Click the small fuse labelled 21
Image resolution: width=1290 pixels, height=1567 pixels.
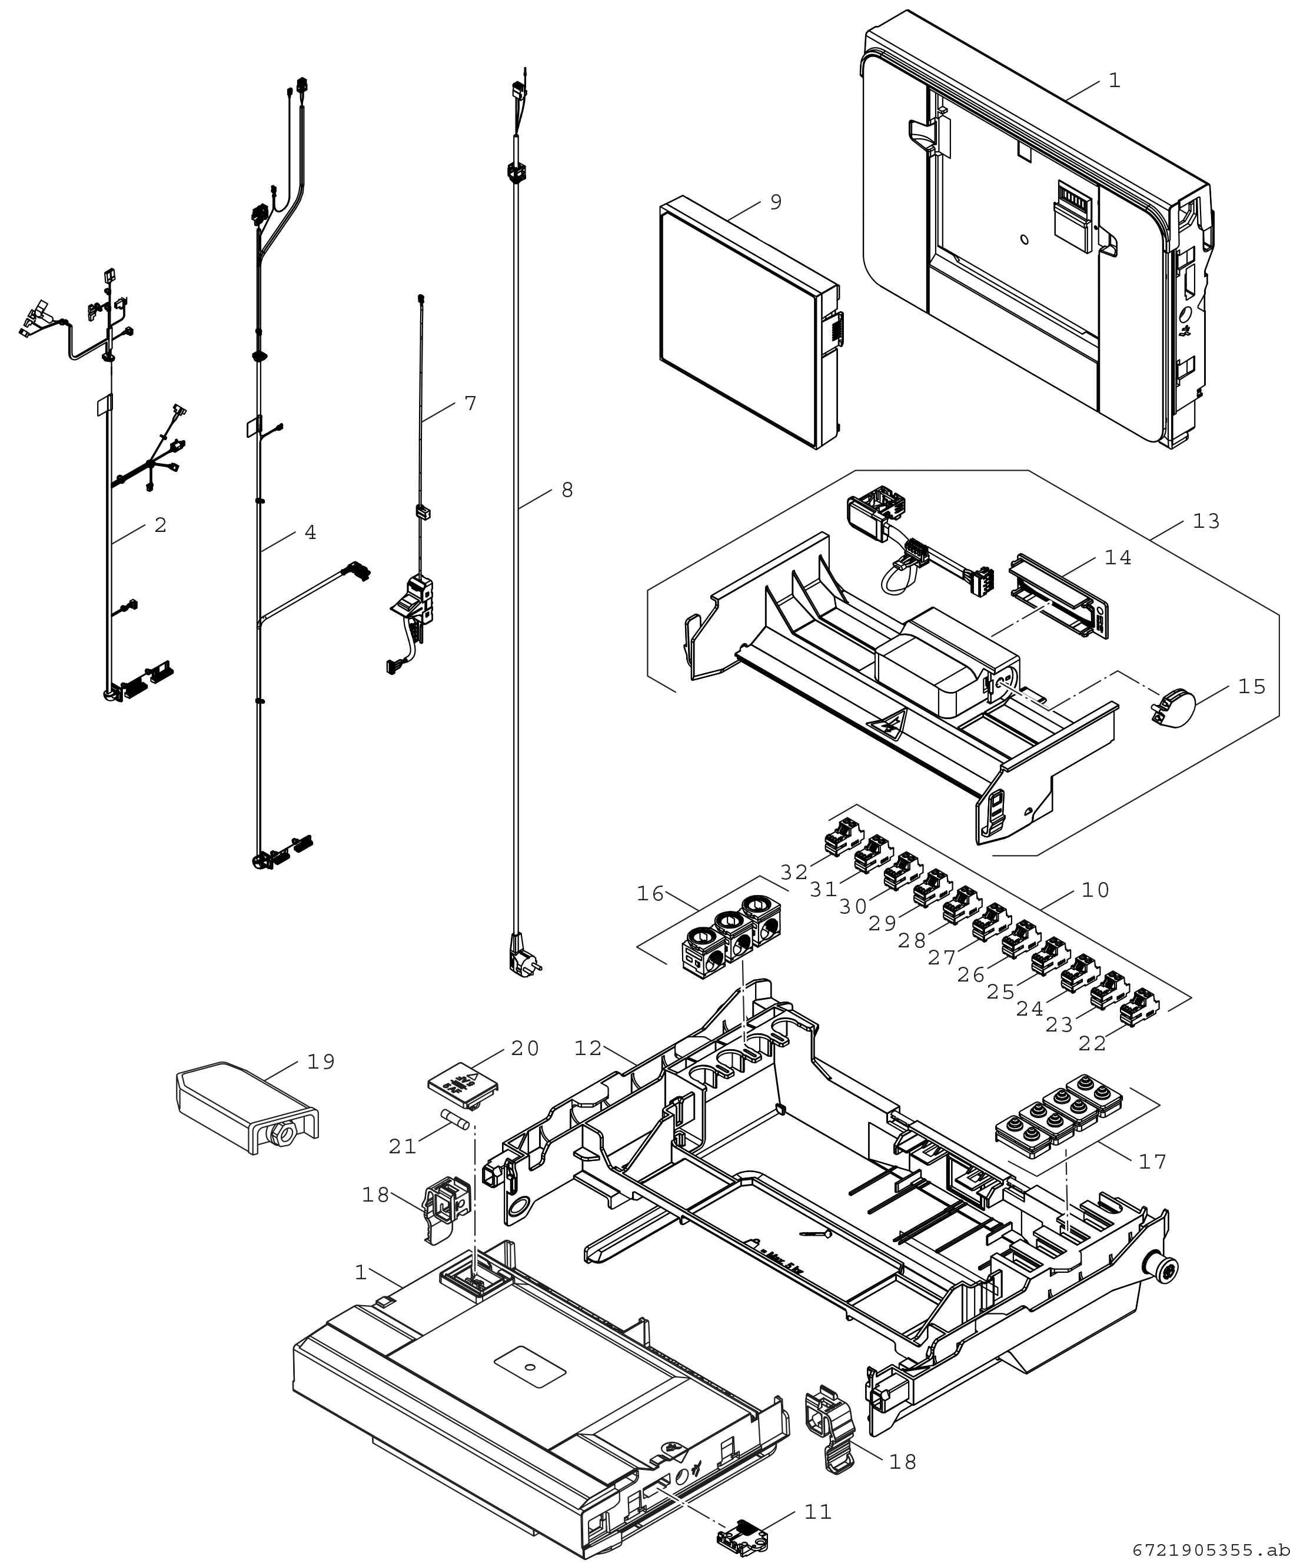tap(455, 1120)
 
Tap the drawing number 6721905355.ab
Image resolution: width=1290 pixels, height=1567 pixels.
tap(1211, 1551)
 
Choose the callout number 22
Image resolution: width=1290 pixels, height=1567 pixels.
tap(1092, 1044)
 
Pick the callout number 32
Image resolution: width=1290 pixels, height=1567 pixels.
tap(794, 872)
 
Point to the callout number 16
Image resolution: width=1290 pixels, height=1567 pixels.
tap(650, 894)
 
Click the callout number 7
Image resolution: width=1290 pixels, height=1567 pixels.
tap(470, 404)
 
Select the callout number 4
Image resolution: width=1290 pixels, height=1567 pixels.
tap(310, 532)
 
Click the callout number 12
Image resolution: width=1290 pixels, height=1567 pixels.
tap(588, 1049)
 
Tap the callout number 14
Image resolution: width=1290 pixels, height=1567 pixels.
tap(1118, 557)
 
